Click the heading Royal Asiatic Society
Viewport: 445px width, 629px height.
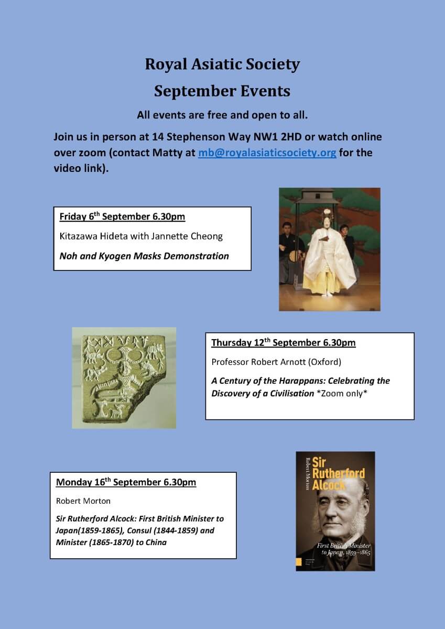pos(222,64)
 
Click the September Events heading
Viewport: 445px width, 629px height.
pos(222,91)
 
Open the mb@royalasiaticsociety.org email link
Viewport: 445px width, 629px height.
pos(267,153)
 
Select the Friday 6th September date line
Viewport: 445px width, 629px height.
pos(122,216)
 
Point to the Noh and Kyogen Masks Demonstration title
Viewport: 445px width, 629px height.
pos(144,256)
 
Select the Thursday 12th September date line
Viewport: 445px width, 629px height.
pos(283,343)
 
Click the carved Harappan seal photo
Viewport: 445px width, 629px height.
pos(124,377)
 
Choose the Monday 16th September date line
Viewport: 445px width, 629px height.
pos(126,482)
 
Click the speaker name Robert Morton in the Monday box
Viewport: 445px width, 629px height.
pos(83,501)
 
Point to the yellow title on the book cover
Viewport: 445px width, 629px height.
pos(342,473)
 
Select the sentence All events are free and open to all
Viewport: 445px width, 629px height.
pos(222,115)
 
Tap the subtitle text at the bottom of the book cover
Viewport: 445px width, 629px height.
pos(343,549)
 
